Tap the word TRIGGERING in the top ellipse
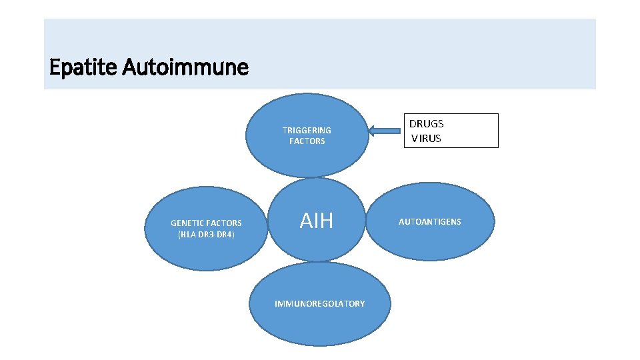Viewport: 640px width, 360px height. (307, 130)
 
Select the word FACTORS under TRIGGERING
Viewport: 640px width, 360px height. (307, 141)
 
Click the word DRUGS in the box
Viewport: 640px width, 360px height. (426, 123)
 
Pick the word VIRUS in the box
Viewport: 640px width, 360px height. (427, 139)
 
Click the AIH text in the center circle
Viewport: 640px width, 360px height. (316, 221)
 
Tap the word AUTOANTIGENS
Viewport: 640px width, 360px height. (430, 221)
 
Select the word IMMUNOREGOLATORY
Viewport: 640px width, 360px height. (320, 303)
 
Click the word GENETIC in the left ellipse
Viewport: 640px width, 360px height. (187, 223)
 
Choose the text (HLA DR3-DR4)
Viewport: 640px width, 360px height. (206, 235)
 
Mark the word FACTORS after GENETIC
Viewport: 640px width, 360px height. (224, 223)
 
